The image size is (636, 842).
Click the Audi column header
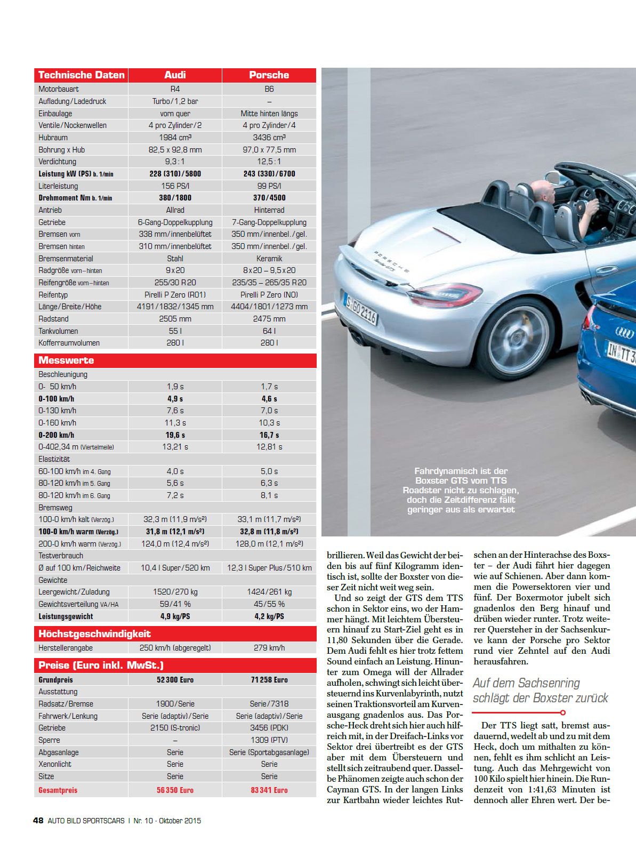[x=175, y=75]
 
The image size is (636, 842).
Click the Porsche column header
[x=269, y=75]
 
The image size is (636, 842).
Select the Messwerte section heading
[x=66, y=360]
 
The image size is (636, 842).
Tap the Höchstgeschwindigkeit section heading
[x=94, y=634]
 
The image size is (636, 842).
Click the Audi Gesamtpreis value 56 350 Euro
[x=175, y=790]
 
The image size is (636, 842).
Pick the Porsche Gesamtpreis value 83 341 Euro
[x=269, y=790]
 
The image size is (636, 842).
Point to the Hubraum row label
[x=53, y=138]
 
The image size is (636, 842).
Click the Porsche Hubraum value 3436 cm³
[x=269, y=138]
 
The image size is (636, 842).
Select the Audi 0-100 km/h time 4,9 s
[x=175, y=399]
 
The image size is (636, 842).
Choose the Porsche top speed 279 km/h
[x=269, y=648]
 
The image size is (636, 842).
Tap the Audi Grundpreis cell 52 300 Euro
[x=175, y=680]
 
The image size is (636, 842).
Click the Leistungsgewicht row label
[x=66, y=616]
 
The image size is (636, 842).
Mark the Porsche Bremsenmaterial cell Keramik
[x=269, y=259]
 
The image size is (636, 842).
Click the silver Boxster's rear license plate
[x=361, y=310]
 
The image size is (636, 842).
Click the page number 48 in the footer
[x=38, y=821]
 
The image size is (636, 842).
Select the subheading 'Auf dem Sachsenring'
[x=526, y=683]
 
